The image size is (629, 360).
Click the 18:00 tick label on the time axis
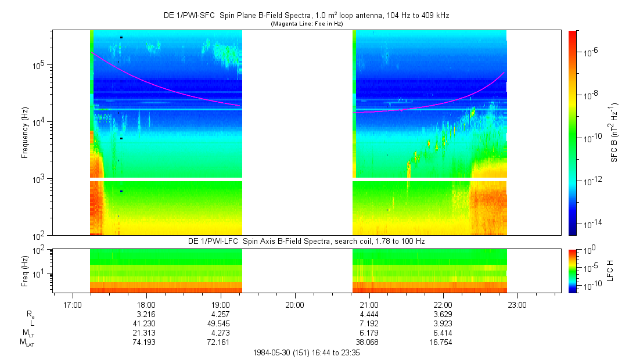click(146, 305)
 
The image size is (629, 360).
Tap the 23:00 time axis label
click(517, 305)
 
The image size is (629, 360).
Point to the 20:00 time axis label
click(295, 305)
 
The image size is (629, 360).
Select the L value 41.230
click(144, 323)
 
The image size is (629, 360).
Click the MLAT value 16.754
click(440, 343)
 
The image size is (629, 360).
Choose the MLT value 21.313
click(144, 333)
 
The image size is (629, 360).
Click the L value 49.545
click(218, 323)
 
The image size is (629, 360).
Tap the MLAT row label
click(27, 343)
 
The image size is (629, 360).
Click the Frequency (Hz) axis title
click(25, 133)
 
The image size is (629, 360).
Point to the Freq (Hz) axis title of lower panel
click(25, 271)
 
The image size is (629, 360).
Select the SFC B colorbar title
click(614, 133)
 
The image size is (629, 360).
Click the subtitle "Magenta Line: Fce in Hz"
click(307, 24)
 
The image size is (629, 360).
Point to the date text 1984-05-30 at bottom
click(271, 353)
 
